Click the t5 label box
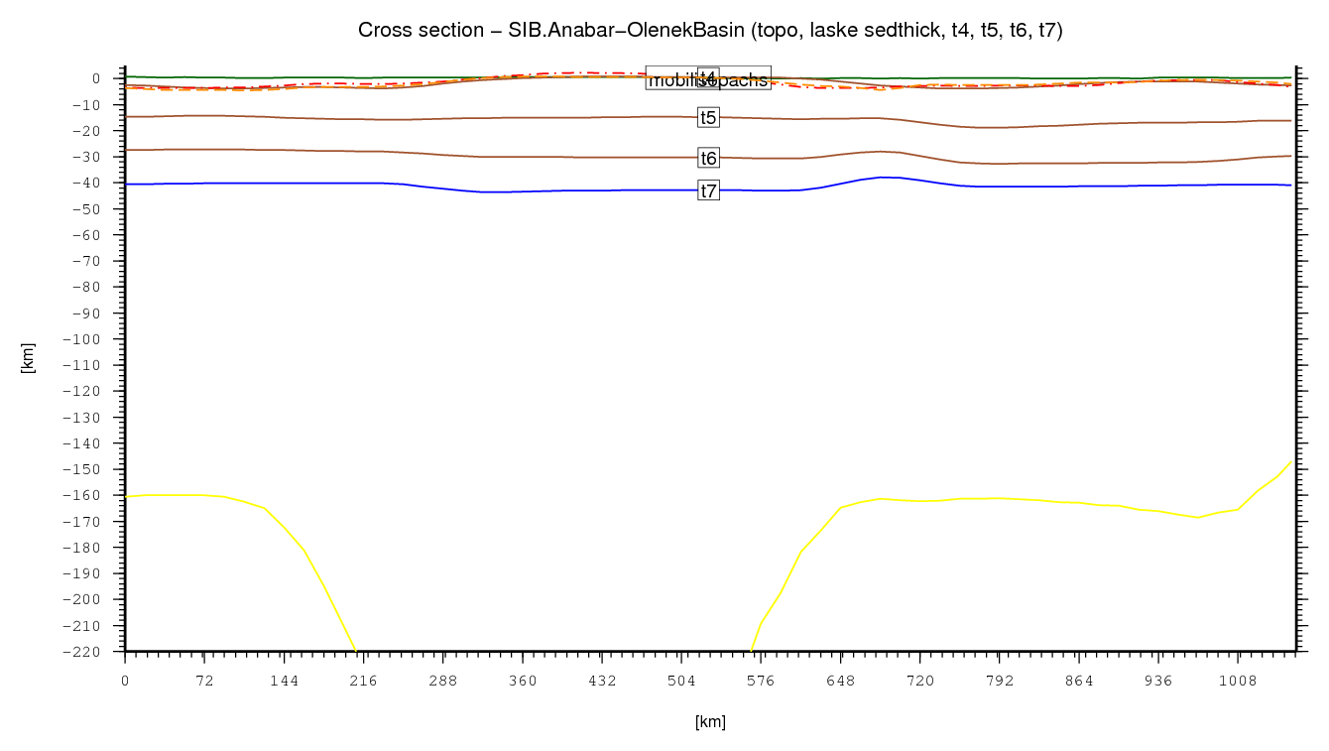pos(708,117)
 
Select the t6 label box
pos(708,158)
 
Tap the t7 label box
pos(708,190)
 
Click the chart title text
pos(710,31)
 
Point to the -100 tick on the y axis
pos(93,339)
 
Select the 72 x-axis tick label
pos(204,682)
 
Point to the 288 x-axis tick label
pos(443,682)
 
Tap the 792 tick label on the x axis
pos(1000,682)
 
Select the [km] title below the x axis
pos(710,722)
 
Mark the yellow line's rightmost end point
pos(1292,460)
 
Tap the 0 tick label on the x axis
pos(125,682)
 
